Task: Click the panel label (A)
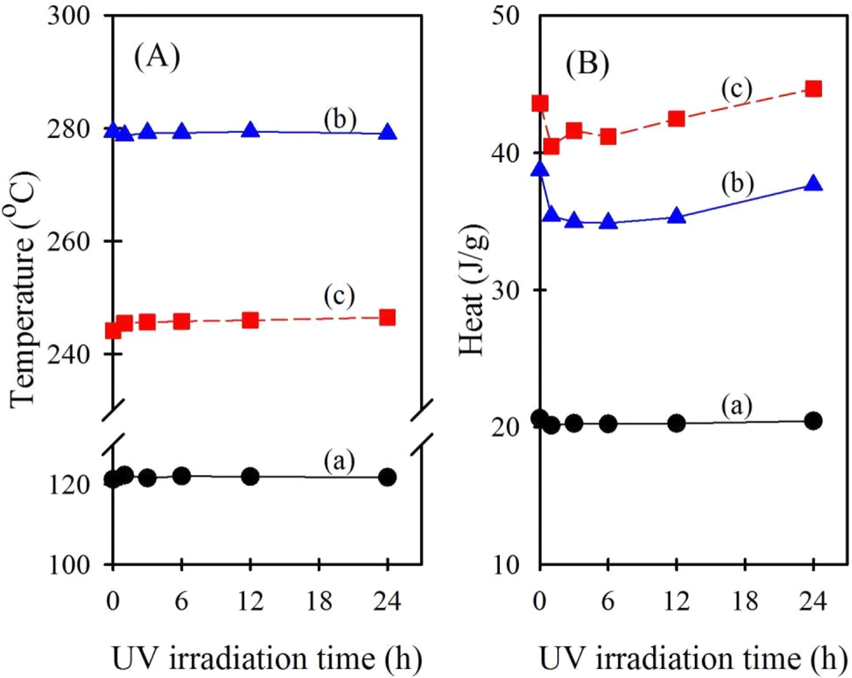(x=156, y=57)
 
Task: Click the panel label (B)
(x=587, y=64)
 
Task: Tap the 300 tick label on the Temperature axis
(x=69, y=15)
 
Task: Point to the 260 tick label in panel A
(x=69, y=242)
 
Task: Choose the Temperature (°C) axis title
(x=23, y=290)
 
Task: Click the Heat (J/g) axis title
(x=472, y=290)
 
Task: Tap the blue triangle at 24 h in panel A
(x=388, y=132)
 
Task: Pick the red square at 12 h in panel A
(x=251, y=320)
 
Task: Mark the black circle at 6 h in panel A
(x=182, y=476)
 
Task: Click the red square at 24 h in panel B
(x=814, y=89)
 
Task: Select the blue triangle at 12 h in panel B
(x=676, y=216)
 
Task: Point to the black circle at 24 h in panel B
(x=814, y=421)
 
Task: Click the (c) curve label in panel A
(x=339, y=296)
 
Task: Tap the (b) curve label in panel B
(x=737, y=184)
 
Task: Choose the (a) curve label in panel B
(x=737, y=406)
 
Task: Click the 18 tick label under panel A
(x=319, y=601)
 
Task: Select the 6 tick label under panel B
(x=608, y=601)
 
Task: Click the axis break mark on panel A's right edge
(x=422, y=425)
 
